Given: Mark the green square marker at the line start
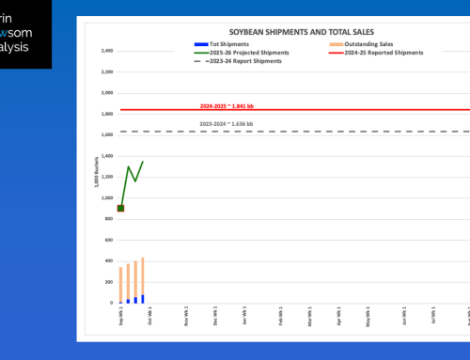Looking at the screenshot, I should [x=120, y=208].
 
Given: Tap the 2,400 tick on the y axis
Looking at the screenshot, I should [x=106, y=51].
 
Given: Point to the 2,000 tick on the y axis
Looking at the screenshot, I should [x=106, y=93].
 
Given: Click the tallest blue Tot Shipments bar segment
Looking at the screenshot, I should [x=143, y=299].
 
